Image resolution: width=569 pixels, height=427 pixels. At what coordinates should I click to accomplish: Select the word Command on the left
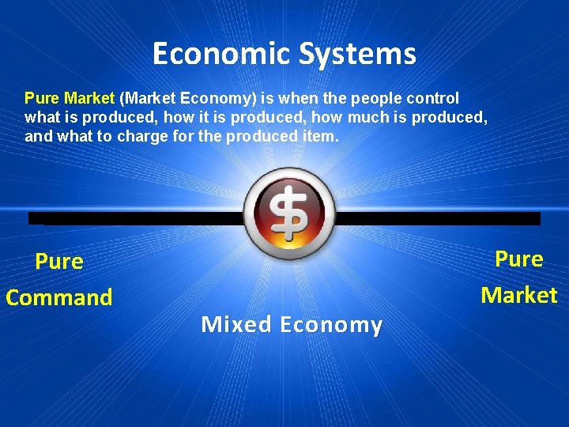(x=59, y=298)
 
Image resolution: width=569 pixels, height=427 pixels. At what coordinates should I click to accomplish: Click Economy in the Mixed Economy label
(x=331, y=324)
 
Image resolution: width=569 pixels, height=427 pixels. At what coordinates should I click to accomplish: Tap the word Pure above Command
(x=59, y=262)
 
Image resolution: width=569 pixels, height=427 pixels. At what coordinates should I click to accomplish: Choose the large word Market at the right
(x=519, y=296)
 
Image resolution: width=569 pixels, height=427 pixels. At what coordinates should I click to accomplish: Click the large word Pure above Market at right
(x=519, y=259)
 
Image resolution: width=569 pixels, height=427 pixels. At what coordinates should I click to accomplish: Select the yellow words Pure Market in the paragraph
(x=70, y=99)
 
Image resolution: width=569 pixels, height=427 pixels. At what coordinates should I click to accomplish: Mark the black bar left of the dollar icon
(x=134, y=218)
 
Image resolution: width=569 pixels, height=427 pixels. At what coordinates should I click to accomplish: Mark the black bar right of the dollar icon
(x=439, y=218)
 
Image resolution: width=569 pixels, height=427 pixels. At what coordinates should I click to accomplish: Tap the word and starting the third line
(x=36, y=136)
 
